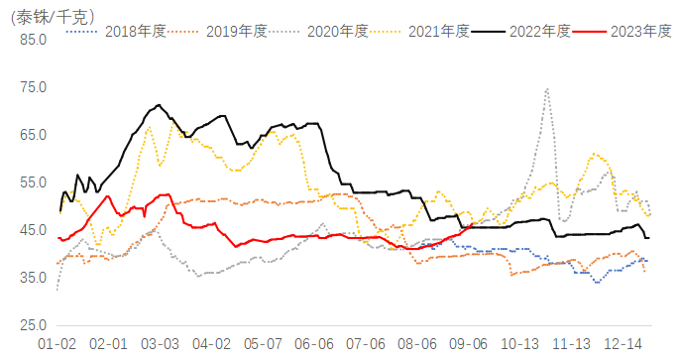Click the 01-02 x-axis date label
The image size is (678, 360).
pos(56,343)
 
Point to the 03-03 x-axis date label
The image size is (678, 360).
pos(159,343)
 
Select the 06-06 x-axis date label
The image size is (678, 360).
pos(314,343)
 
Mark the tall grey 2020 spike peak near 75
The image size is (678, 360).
pos(546,89)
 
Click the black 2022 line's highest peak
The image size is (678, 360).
pos(159,105)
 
